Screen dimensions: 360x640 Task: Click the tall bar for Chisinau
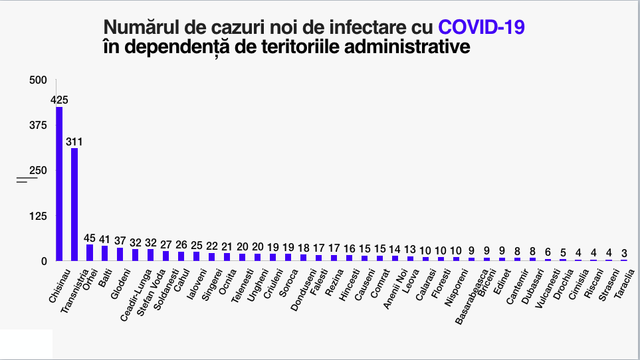pos(59,184)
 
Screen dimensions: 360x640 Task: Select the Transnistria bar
pos(74,204)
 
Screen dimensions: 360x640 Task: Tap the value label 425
pos(59,100)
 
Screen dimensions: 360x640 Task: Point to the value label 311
pos(74,141)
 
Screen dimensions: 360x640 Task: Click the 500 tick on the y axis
pos(39,80)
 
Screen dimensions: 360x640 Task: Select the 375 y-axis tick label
pos(39,126)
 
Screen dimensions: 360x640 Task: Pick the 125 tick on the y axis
pos(39,216)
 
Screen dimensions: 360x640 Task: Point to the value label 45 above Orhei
pos(90,238)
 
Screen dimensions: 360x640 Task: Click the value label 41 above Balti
pos(105,240)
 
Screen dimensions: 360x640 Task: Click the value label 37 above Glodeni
pos(120,241)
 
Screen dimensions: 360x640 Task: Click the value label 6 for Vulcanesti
pos(548,252)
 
